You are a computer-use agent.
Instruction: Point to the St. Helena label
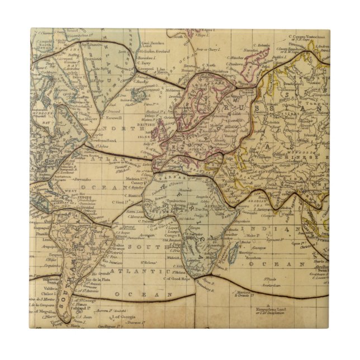pos(148,258)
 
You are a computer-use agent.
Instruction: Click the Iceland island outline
pos(139,96)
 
